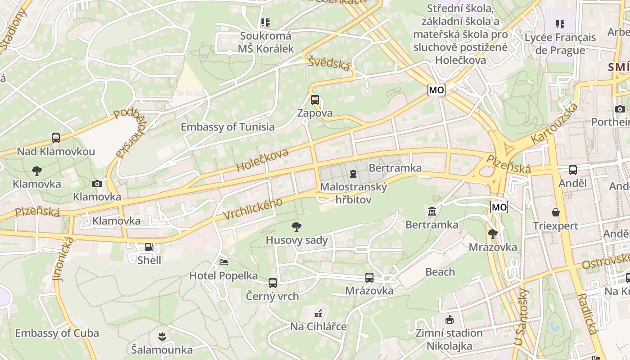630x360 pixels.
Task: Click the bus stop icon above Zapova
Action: [x=315, y=100]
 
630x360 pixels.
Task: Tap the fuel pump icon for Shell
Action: [x=149, y=247]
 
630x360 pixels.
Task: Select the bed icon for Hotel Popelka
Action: [x=224, y=262]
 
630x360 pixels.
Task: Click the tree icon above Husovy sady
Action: [x=297, y=227]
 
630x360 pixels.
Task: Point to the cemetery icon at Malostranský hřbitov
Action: [x=353, y=174]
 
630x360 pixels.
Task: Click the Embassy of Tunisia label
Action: [x=228, y=127]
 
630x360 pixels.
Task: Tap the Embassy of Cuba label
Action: [x=57, y=333]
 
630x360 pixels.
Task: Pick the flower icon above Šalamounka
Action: [x=162, y=336]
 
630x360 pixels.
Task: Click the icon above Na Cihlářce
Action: [x=319, y=313]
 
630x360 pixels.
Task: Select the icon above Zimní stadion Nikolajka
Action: [x=449, y=320]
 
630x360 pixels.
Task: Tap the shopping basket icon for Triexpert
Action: [x=556, y=212]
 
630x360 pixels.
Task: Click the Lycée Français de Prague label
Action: [x=560, y=44]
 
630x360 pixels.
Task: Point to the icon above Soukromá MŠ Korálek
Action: [x=265, y=22]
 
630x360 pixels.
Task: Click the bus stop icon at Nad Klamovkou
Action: [x=56, y=138]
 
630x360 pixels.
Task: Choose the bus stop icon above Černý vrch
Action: [x=273, y=283]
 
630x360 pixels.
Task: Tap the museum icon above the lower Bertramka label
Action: [x=432, y=211]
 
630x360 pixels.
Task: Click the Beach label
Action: [x=440, y=272]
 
